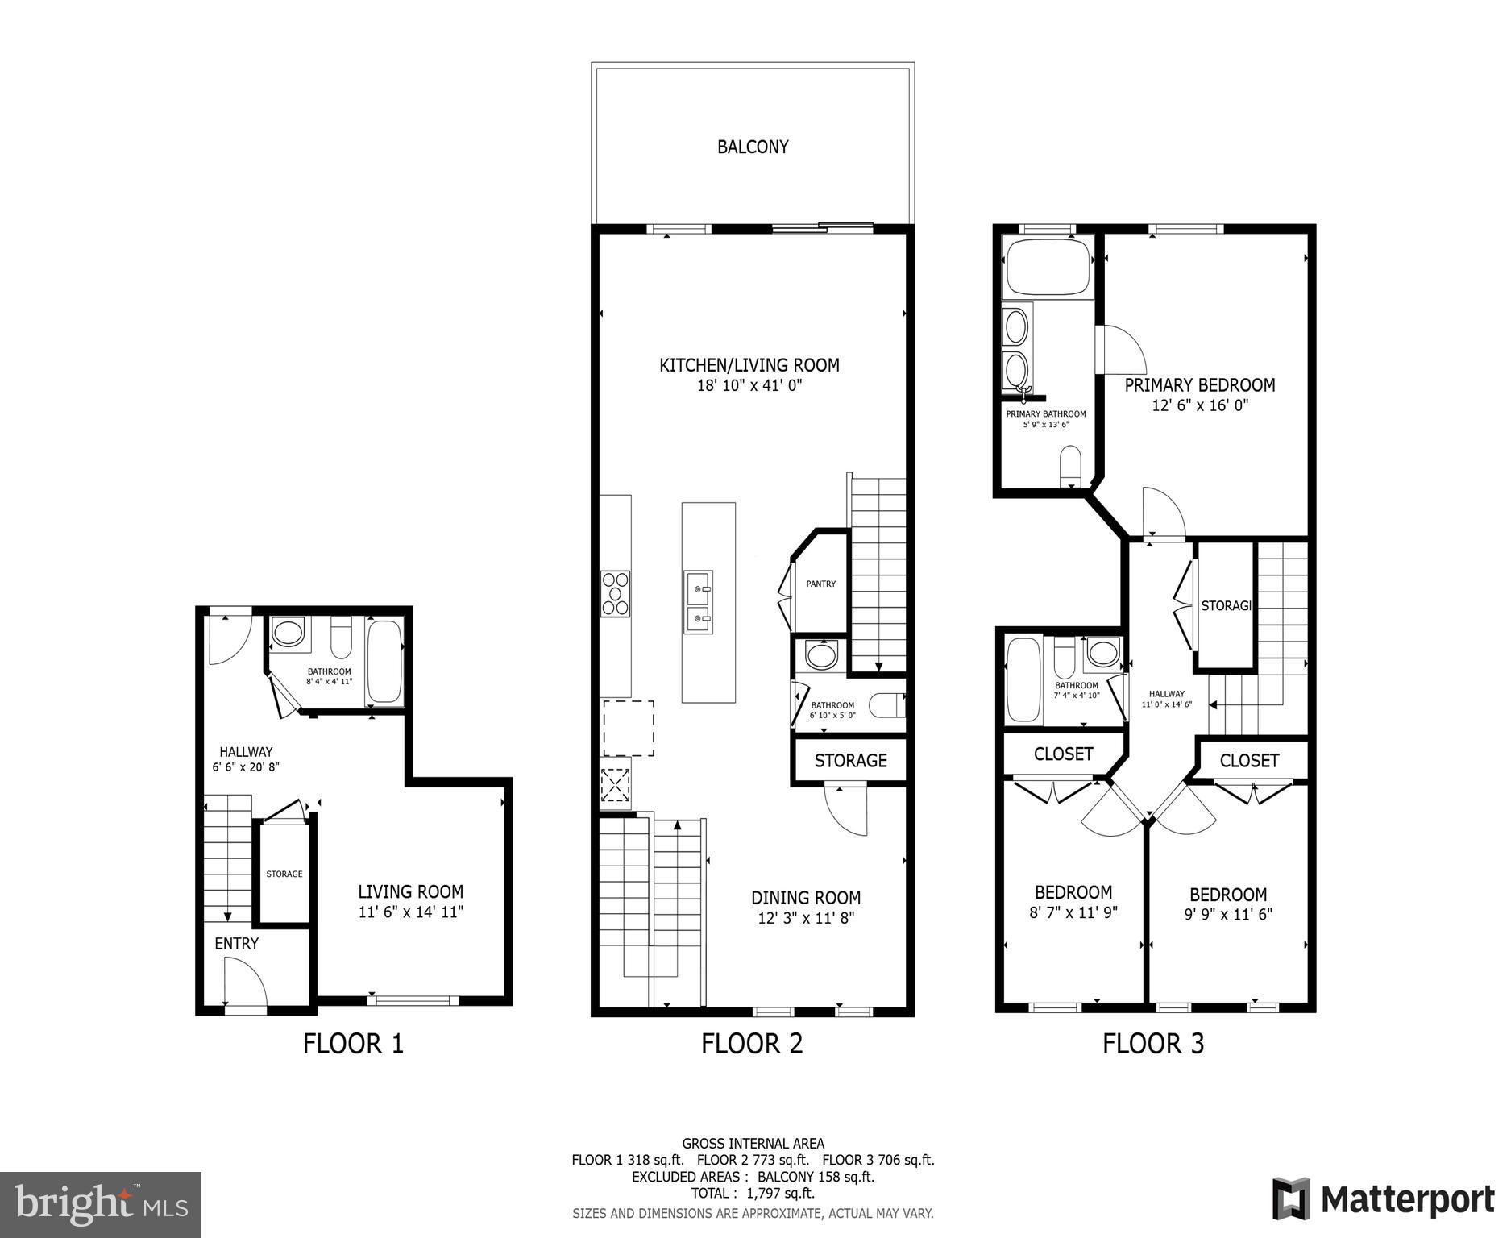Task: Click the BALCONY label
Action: coord(753,147)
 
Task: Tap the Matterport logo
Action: coord(1383,1199)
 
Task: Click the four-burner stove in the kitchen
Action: coord(615,594)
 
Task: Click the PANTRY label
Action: coord(821,584)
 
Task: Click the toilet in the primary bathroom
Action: coord(1071,467)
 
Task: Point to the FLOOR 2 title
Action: coord(752,1043)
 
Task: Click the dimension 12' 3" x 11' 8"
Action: coord(805,917)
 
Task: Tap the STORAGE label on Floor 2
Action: coord(850,760)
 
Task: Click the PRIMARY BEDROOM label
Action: coord(1199,384)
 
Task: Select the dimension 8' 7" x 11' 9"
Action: coord(1073,912)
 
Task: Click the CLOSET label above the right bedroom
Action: coord(1248,760)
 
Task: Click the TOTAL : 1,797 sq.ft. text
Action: coord(753,1193)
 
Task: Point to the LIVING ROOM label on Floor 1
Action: coord(410,891)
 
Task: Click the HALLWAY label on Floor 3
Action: coord(1166,694)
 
